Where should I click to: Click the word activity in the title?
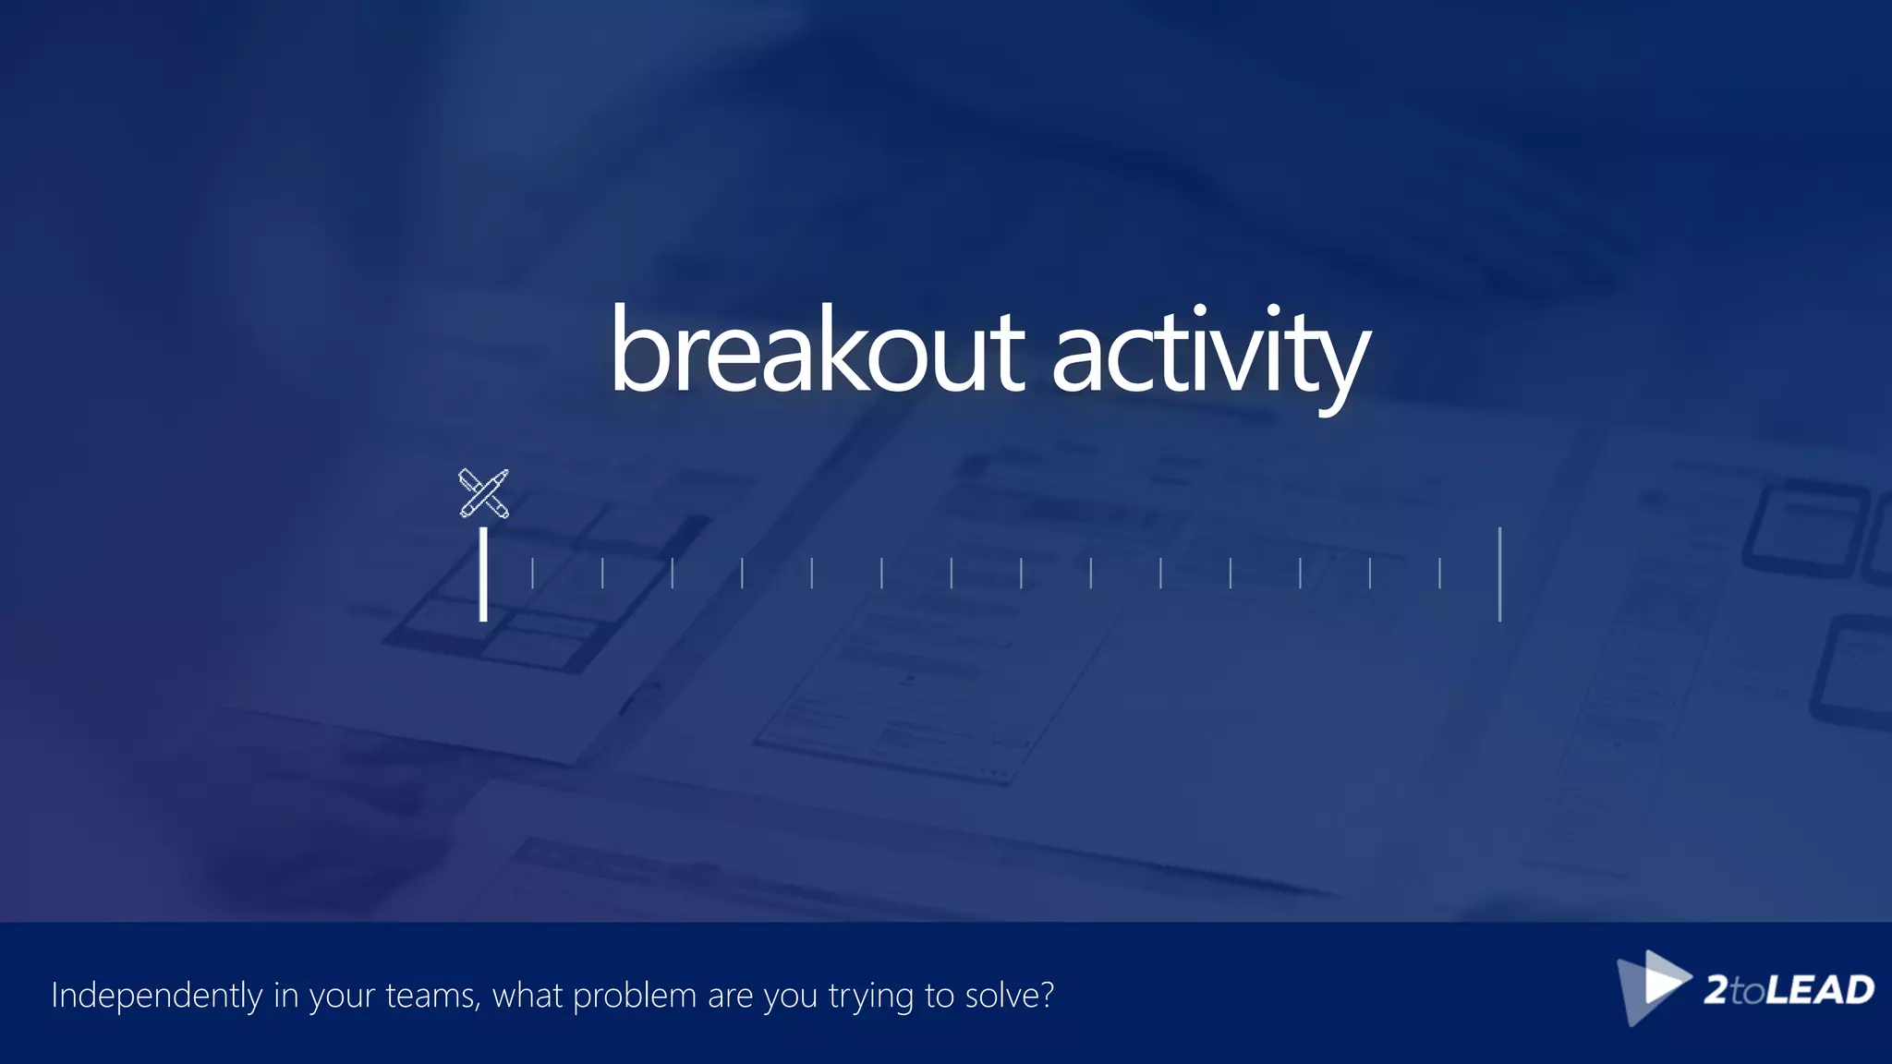(x=1210, y=356)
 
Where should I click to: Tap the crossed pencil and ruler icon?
(x=483, y=493)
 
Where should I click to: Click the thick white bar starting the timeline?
(x=483, y=574)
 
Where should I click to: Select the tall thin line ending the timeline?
(x=1499, y=574)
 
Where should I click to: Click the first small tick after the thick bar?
(x=532, y=573)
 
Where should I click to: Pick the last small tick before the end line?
(x=1439, y=573)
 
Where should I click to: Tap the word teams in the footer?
(x=431, y=996)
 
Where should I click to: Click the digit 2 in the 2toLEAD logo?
(x=1716, y=990)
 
